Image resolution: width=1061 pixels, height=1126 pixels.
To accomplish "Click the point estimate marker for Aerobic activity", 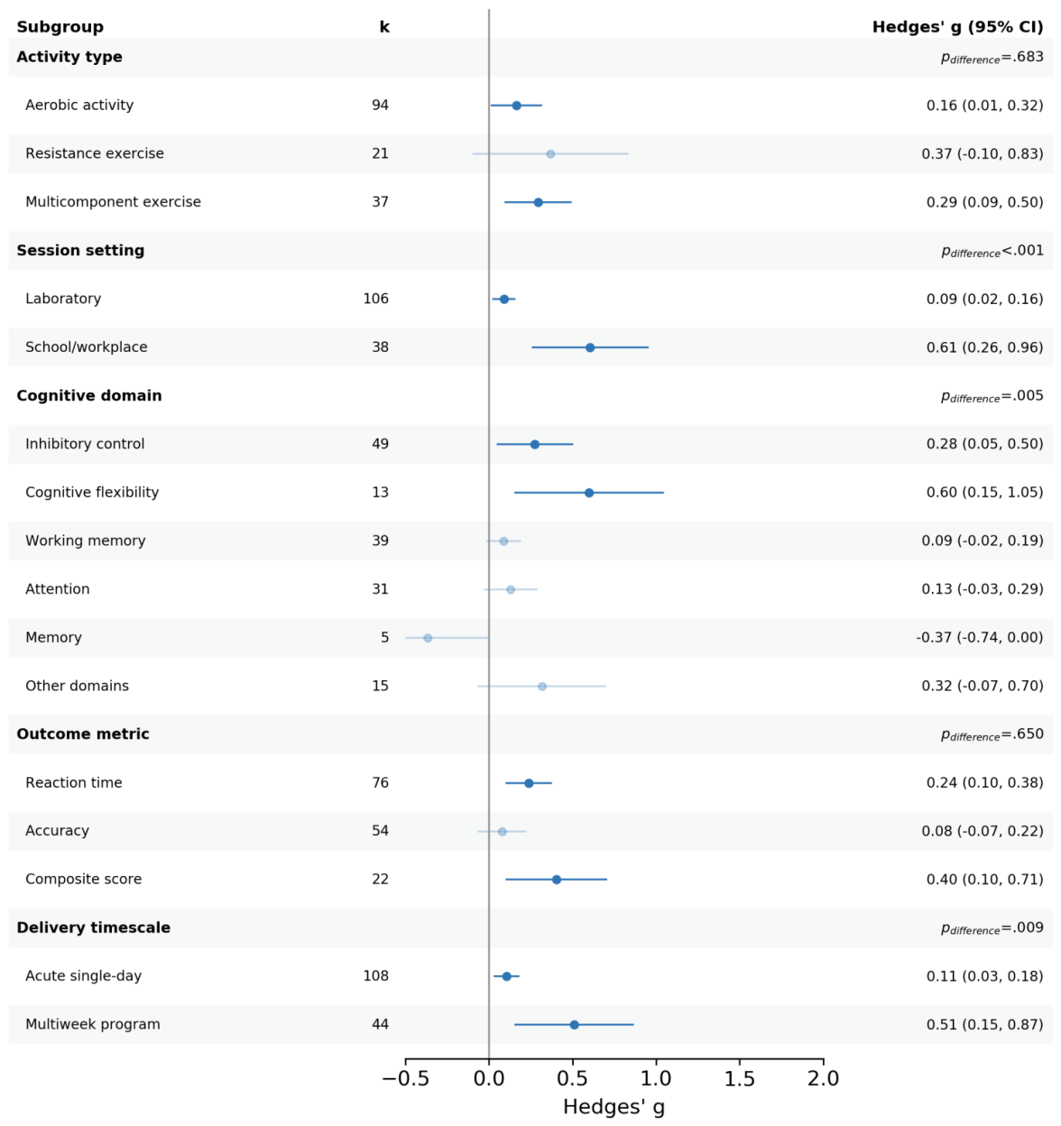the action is pyautogui.click(x=516, y=106).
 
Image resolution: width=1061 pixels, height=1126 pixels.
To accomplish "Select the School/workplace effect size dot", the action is pyautogui.click(x=590, y=347).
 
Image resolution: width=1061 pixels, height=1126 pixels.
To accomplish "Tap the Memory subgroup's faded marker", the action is pyautogui.click(x=428, y=638).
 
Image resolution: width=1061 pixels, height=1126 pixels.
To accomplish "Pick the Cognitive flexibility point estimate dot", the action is pyautogui.click(x=588, y=493).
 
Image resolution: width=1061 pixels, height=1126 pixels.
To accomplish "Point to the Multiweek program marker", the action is pyautogui.click(x=574, y=1025).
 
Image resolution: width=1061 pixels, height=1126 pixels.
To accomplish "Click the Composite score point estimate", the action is pyautogui.click(x=557, y=880).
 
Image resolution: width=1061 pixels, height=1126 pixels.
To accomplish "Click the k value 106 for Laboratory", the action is pyautogui.click(x=375, y=299).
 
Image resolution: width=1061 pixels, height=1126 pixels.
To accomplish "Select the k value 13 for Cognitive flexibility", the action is pyautogui.click(x=380, y=492).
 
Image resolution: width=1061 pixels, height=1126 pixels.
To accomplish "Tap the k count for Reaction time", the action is pyautogui.click(x=380, y=782).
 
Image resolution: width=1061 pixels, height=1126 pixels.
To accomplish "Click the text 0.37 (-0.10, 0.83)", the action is pyautogui.click(x=982, y=153).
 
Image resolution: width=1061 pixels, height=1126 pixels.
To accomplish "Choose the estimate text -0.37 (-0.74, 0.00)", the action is pyautogui.click(x=979, y=637).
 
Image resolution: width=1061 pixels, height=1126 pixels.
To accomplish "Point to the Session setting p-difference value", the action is pyautogui.click(x=992, y=251).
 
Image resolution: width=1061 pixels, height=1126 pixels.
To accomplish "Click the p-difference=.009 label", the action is pyautogui.click(x=992, y=928).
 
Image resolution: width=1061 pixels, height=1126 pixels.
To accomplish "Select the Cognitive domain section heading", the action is pyautogui.click(x=89, y=395).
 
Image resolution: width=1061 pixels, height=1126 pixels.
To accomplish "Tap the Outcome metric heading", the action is pyautogui.click(x=83, y=734).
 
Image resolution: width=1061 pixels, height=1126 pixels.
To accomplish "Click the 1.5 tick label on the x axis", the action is pyautogui.click(x=740, y=1078).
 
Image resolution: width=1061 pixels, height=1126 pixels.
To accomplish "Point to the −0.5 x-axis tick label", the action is pyautogui.click(x=405, y=1078).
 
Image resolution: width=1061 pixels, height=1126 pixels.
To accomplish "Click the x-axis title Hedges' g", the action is pyautogui.click(x=614, y=1107).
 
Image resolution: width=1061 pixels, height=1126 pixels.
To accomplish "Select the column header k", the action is pyautogui.click(x=384, y=27).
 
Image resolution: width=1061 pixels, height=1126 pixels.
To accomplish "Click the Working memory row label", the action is pyautogui.click(x=86, y=540).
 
